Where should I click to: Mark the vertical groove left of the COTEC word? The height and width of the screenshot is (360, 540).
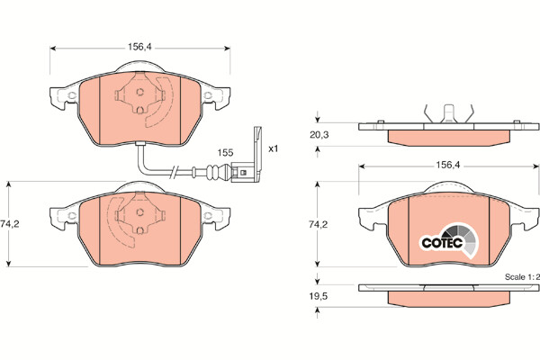click(x=409, y=229)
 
